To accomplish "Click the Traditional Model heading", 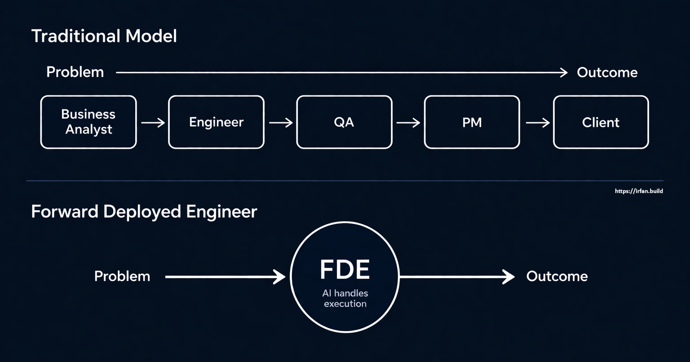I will (x=104, y=36).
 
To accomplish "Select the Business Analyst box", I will (x=88, y=122).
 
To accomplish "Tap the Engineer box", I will (x=216, y=122).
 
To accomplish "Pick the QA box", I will (x=344, y=122).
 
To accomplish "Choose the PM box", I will (x=472, y=122).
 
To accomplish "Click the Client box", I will (x=601, y=122).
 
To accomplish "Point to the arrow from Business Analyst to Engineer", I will (x=153, y=122).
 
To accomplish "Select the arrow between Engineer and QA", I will (x=281, y=122).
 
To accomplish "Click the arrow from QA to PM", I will (x=408, y=122).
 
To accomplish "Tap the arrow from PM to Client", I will (x=537, y=122).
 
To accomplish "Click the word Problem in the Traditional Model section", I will (x=75, y=72).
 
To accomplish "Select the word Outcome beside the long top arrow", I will (x=607, y=73).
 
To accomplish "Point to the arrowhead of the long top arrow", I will (x=564, y=73).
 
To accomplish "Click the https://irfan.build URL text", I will (x=639, y=191).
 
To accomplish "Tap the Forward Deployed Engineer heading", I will (x=144, y=212).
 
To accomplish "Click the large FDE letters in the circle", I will (x=345, y=270).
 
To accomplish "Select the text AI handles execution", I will (x=345, y=298).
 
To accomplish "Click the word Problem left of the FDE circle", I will (x=122, y=276).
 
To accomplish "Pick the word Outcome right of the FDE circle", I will (x=557, y=276).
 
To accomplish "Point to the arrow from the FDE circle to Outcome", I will (x=457, y=276).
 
